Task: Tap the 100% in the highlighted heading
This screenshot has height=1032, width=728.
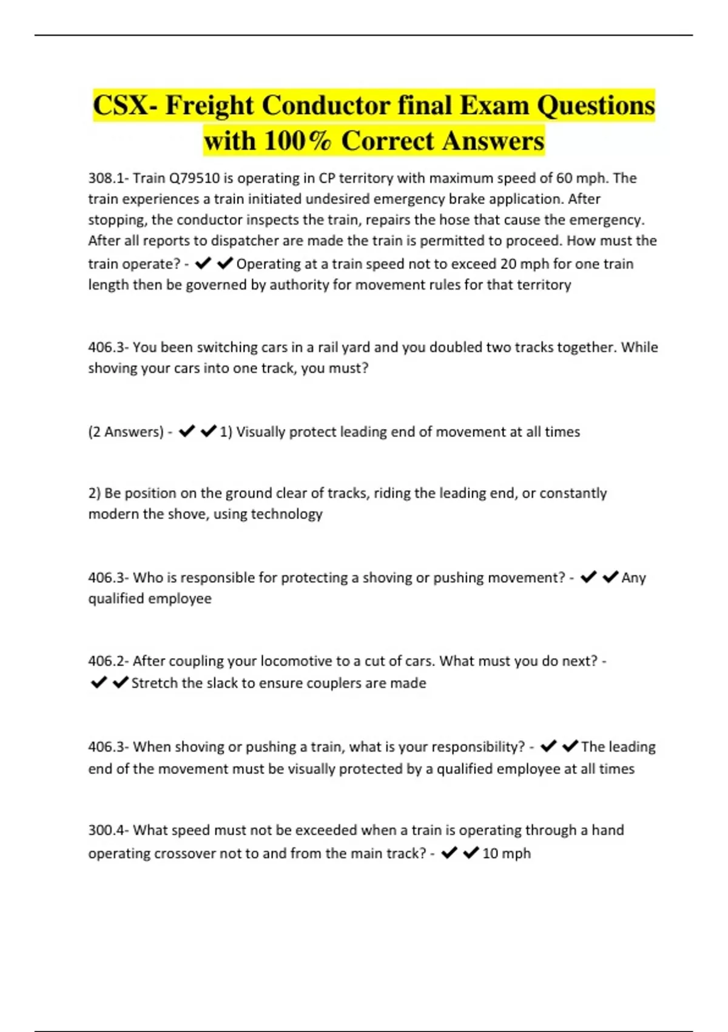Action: (x=298, y=141)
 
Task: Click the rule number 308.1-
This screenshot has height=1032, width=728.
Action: (x=108, y=178)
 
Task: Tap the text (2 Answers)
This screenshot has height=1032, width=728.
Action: (x=126, y=432)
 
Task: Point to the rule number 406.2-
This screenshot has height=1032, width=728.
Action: (x=108, y=660)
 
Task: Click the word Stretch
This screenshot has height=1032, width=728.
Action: (x=154, y=683)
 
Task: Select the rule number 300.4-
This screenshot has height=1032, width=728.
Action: (x=108, y=830)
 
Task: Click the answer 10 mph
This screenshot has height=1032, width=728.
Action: (x=506, y=854)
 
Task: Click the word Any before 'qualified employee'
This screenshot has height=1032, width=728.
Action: (x=633, y=577)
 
